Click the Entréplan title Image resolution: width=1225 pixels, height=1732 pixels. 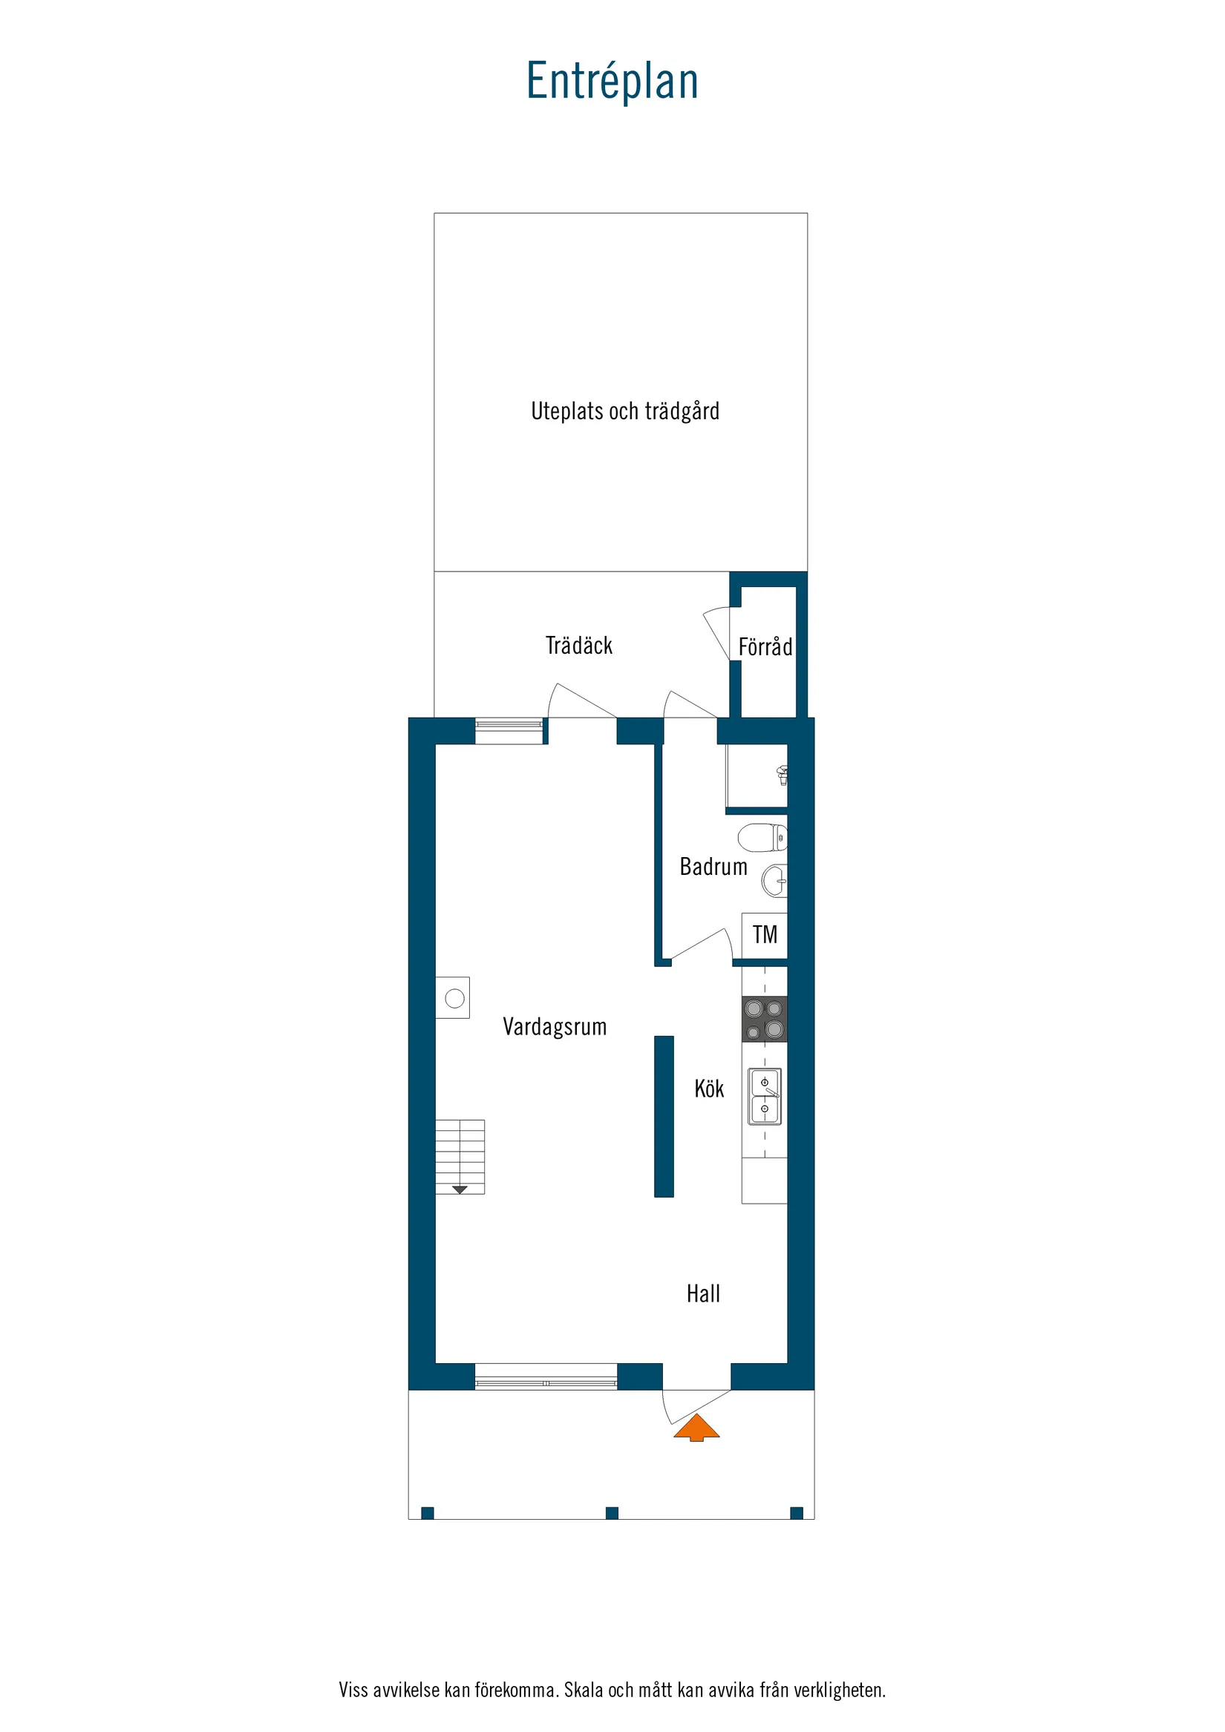click(x=612, y=82)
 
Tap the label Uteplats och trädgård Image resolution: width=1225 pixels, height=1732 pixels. click(x=625, y=411)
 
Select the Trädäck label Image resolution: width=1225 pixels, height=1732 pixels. click(x=579, y=646)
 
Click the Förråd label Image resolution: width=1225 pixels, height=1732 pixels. click(x=765, y=647)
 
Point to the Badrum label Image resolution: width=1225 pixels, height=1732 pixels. click(x=713, y=867)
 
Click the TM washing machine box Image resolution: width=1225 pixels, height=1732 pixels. click(x=765, y=935)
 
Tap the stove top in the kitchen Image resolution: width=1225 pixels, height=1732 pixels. click(x=764, y=1018)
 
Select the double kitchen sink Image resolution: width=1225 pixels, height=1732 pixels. click(x=765, y=1095)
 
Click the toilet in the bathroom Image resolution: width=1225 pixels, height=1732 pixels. click(x=762, y=837)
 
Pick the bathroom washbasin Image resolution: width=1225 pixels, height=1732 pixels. click(x=774, y=880)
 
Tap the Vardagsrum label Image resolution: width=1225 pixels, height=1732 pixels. click(x=555, y=1027)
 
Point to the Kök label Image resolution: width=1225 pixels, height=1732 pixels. click(x=709, y=1089)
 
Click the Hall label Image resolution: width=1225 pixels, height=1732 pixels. click(x=702, y=1293)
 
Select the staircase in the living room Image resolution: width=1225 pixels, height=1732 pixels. click(x=460, y=1156)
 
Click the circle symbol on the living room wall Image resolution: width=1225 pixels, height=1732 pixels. click(x=454, y=998)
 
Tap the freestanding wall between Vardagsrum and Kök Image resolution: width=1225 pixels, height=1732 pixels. click(x=664, y=1115)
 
